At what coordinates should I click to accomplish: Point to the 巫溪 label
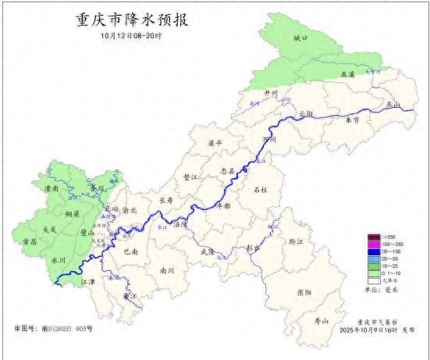pos(347,73)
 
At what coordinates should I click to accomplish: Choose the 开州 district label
pos(271,92)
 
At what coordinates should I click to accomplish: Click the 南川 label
pos(167,270)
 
